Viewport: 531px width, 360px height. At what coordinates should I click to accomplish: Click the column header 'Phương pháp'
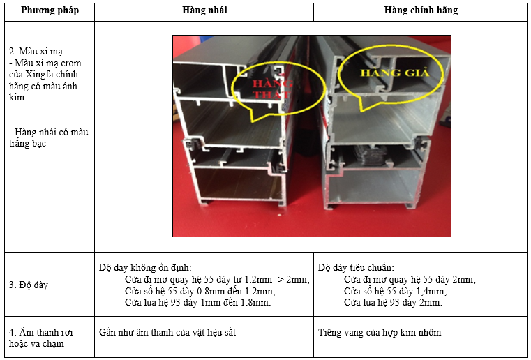tap(50, 10)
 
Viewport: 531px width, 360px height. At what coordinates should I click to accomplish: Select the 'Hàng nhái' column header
tap(204, 10)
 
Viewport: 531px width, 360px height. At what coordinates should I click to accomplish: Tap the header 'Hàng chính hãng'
tap(421, 10)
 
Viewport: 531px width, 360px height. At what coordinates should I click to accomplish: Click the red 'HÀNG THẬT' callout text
tap(272, 89)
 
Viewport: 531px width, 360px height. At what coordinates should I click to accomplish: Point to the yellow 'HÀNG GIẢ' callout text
tap(394, 72)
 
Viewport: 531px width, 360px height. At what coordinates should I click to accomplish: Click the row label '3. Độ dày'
tap(29, 285)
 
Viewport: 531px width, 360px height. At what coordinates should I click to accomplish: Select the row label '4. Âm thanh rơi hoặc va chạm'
tap(40, 338)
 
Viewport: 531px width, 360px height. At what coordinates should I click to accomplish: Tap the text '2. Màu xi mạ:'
tap(37, 51)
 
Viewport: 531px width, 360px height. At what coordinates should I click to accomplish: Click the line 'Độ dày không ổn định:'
tap(145, 267)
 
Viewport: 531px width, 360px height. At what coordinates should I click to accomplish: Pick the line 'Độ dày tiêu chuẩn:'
tap(356, 267)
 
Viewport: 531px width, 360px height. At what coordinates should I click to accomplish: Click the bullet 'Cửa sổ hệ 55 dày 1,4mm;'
tap(395, 291)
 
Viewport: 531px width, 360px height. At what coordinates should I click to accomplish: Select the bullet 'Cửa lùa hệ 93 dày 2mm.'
tap(393, 302)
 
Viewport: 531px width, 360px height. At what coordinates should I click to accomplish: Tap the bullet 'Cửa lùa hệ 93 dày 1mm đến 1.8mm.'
tap(197, 302)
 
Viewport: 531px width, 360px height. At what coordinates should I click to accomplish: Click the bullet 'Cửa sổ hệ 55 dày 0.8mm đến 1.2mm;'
tap(200, 291)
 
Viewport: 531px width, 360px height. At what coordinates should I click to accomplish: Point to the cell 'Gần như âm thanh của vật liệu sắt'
tap(167, 332)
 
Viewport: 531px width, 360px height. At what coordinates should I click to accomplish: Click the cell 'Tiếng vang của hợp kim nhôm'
tap(380, 332)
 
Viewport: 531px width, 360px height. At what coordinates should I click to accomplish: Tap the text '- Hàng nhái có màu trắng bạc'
tap(48, 137)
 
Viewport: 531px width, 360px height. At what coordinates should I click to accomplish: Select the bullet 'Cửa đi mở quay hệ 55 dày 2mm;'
tap(410, 279)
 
